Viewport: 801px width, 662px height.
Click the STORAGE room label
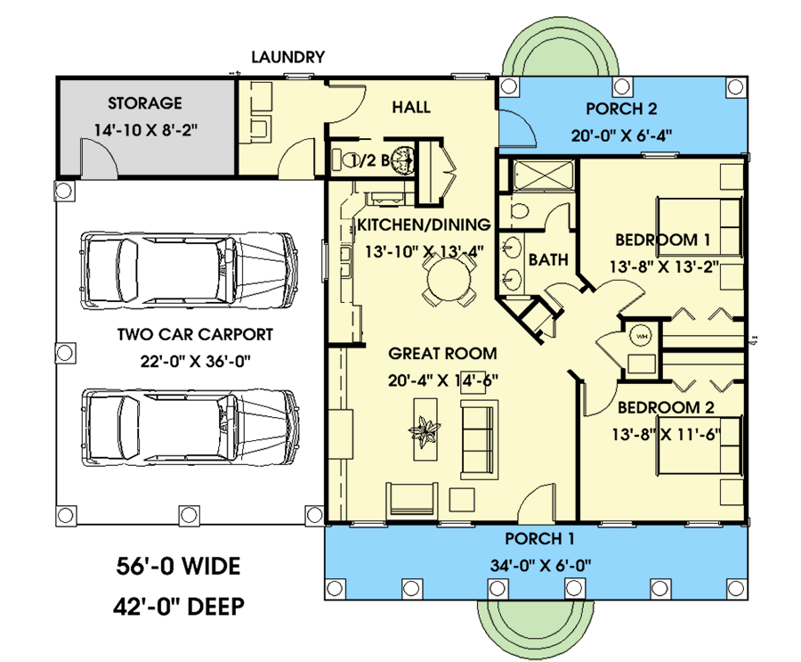click(x=144, y=103)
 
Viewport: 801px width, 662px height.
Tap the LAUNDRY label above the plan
click(x=287, y=57)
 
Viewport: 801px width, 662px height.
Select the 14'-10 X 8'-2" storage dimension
click(x=144, y=130)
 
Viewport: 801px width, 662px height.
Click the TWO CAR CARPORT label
click(x=195, y=335)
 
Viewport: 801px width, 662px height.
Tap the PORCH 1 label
click(x=539, y=538)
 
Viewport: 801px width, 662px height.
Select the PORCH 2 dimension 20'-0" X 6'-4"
click(x=621, y=136)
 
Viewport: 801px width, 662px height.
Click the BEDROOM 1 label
click(x=664, y=240)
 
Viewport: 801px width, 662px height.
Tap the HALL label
click(x=410, y=108)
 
